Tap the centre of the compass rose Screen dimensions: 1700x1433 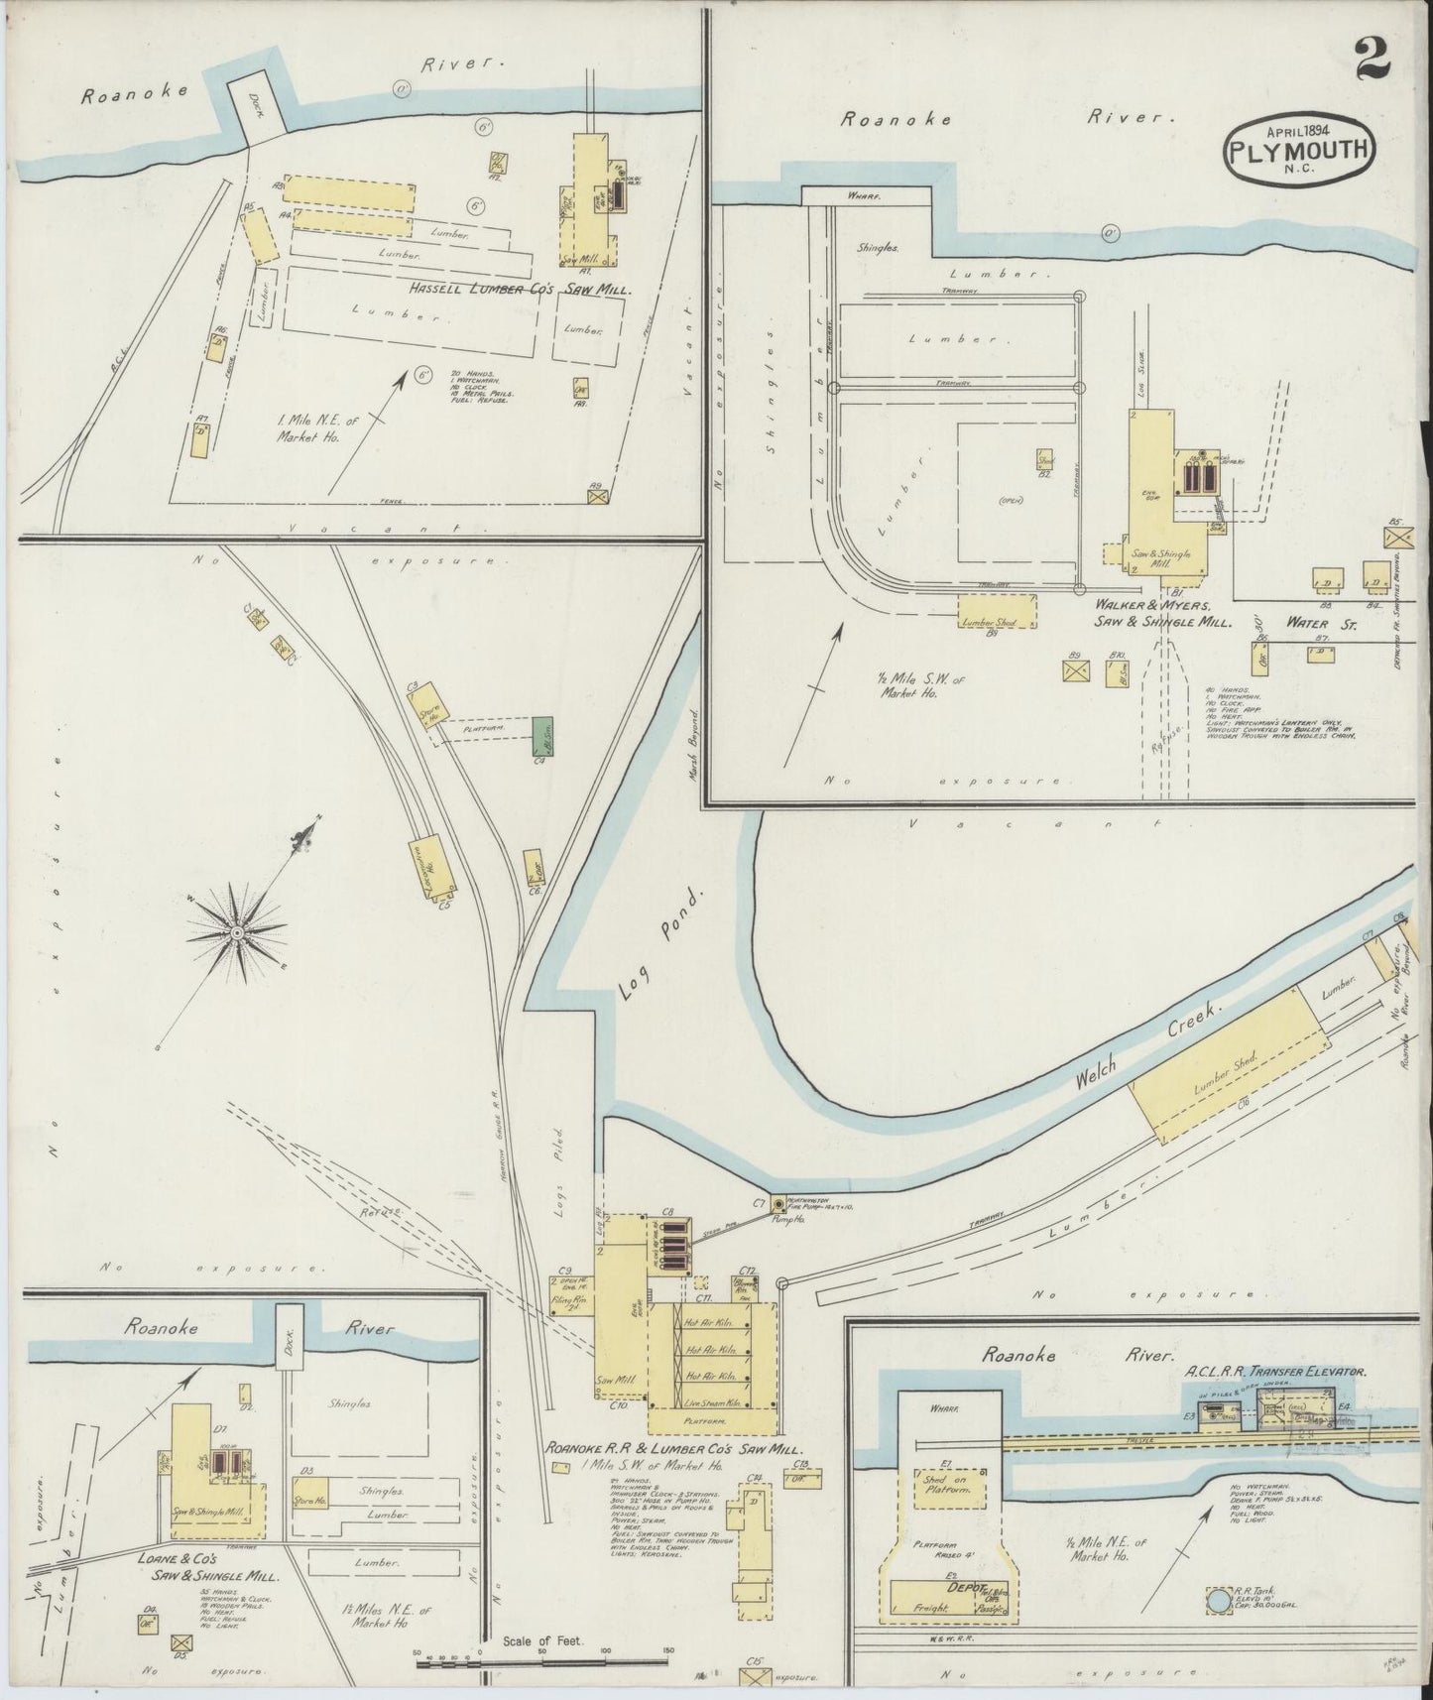pos(237,933)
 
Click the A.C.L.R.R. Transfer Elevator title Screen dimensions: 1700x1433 pos(1276,1371)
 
